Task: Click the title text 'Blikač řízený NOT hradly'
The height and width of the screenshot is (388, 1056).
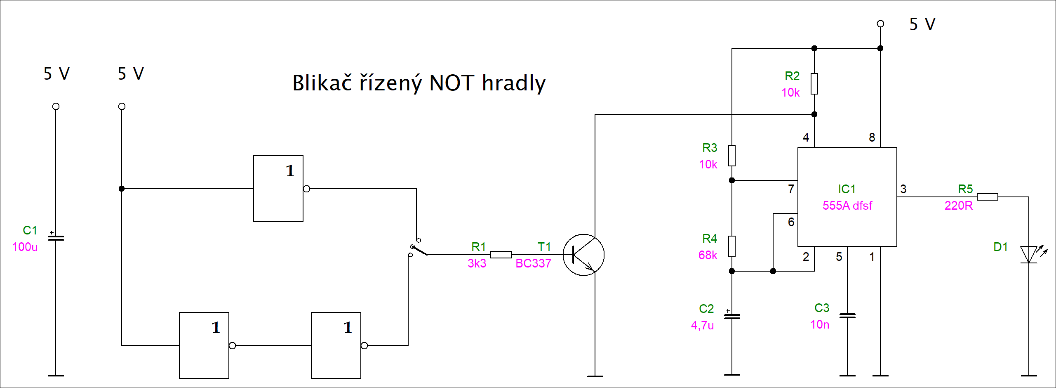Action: click(419, 83)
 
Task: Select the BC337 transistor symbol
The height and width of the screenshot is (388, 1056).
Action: click(583, 255)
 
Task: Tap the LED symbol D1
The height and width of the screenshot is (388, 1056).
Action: click(1029, 254)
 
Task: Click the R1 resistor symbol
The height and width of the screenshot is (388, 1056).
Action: click(501, 255)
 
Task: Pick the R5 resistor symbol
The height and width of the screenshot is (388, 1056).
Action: click(987, 197)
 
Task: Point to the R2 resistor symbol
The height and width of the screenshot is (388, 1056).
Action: click(814, 84)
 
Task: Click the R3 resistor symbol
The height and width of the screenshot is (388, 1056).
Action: click(732, 156)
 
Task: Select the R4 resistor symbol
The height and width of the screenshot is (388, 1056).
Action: click(732, 246)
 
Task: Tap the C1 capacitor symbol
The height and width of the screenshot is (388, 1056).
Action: click(56, 238)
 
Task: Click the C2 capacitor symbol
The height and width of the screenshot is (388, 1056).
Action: click(732, 317)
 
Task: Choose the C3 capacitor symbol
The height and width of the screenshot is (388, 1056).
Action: click(847, 316)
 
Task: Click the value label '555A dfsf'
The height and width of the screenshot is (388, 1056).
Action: click(847, 206)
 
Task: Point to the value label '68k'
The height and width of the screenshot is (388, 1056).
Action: click(708, 255)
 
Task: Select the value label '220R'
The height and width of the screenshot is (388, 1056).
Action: click(958, 206)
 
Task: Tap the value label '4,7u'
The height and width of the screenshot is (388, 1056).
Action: click(702, 325)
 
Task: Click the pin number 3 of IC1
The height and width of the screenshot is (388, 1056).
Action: click(903, 189)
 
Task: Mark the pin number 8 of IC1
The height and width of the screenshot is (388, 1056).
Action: click(872, 137)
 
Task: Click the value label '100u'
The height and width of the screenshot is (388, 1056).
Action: click(25, 247)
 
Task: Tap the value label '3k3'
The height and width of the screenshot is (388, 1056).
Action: click(477, 263)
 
